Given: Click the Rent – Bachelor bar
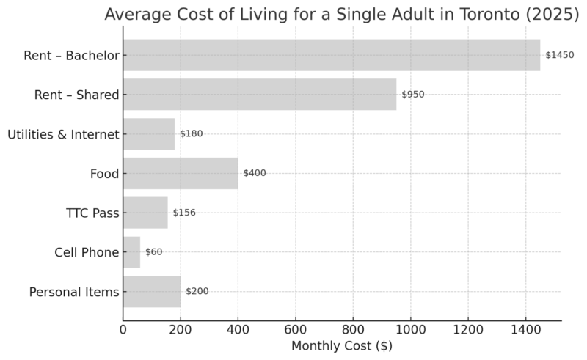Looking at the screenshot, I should point(331,55).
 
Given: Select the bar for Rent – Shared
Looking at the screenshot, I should point(259,95).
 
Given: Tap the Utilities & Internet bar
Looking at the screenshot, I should point(149,134).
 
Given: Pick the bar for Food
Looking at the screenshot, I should point(181,173).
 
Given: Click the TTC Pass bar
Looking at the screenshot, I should point(145,213).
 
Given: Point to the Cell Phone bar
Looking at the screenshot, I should point(131,252).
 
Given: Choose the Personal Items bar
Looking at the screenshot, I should point(152,291).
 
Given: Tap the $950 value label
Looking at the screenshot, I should point(412,95).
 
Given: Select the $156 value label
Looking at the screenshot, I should point(184,213).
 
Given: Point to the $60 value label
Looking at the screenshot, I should point(154,252).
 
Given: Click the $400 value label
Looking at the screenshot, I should point(255,173).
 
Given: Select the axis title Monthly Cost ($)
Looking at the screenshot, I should point(341,346).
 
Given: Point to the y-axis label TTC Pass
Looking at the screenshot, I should point(92,213).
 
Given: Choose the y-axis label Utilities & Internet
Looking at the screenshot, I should point(63,134).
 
